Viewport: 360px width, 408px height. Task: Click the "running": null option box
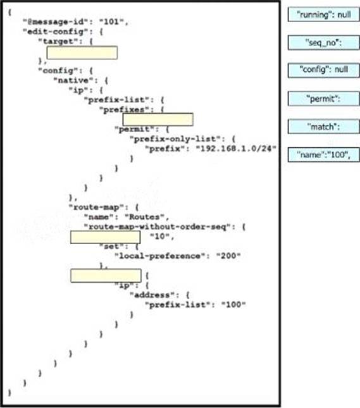coord(323,15)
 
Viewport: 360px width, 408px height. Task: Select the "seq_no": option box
coord(323,42)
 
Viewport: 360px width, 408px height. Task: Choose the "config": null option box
coord(323,70)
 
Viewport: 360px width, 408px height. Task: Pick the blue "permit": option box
coord(323,98)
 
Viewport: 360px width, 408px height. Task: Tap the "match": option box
coord(323,127)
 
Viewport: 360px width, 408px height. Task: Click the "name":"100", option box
coord(323,154)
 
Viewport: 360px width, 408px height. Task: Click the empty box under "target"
coord(82,53)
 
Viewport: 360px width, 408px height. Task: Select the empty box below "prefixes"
coord(158,120)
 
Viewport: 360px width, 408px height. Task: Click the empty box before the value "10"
coord(106,237)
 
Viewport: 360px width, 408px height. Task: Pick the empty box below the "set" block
coord(106,276)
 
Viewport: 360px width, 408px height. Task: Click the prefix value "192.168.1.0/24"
coord(235,149)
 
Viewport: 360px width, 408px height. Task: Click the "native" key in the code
coord(73,80)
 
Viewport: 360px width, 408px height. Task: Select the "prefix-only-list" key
coord(175,139)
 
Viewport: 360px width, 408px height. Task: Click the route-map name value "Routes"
coord(145,217)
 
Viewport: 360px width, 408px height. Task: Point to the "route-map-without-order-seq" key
coord(158,226)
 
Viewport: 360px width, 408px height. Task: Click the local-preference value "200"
coord(228,256)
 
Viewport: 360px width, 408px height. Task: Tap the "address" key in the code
coord(152,295)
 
